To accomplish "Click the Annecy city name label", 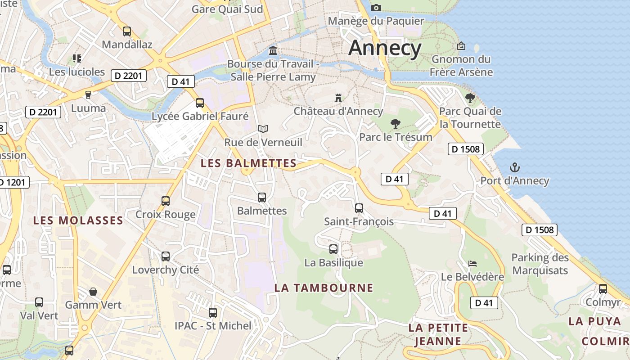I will coord(385,48).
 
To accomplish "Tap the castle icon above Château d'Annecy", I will coord(338,98).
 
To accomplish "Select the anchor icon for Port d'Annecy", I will coord(514,168).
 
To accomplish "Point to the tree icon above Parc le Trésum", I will coord(396,123).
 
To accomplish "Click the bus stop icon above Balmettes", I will coord(262,197).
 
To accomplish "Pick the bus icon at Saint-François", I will coord(359,208).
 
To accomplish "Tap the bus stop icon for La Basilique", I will coord(333,249).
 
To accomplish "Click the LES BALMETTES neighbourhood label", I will coord(248,163).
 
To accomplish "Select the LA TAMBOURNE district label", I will coord(324,288).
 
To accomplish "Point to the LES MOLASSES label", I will coord(78,220).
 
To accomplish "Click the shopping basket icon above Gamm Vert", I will coord(93,292).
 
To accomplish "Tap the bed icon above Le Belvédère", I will coord(472,263).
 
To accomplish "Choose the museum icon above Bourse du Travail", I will coord(273,50).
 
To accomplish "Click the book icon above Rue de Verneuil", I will coord(263,129).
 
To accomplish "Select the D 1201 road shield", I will coord(13,182).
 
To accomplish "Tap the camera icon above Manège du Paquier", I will coord(376,8).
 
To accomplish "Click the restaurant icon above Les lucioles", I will coord(76,58).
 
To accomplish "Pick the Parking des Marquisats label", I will coord(540,264).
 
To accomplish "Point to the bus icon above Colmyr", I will coord(603,288).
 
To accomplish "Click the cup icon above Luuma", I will coord(88,94).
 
